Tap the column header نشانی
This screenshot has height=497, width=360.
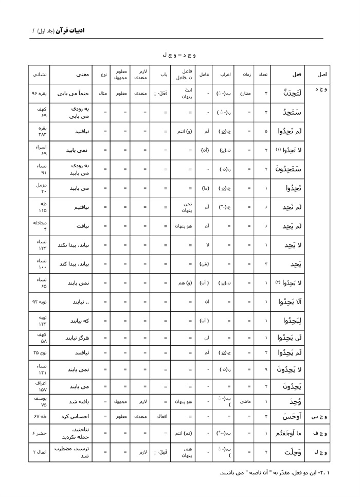(39, 75)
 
